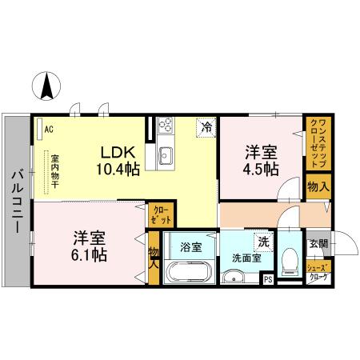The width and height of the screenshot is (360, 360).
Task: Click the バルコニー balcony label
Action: click(15, 201)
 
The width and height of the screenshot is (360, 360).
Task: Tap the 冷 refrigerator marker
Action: click(206, 126)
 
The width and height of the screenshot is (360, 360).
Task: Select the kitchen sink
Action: click(166, 155)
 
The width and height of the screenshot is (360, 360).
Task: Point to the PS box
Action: click(268, 279)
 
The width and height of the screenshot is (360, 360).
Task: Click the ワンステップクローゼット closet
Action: click(317, 143)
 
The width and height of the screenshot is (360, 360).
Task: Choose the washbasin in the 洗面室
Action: click(234, 277)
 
